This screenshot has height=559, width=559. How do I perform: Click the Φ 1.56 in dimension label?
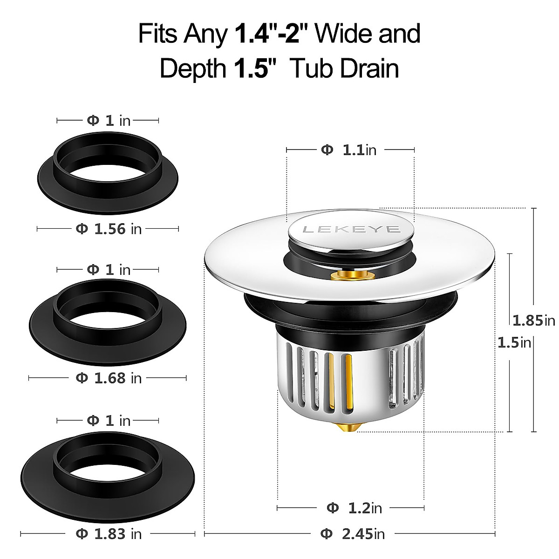pyautogui.click(x=109, y=229)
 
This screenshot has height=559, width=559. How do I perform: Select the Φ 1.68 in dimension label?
pyautogui.click(x=109, y=378)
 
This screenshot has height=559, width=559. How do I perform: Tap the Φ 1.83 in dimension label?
pyautogui.click(x=109, y=533)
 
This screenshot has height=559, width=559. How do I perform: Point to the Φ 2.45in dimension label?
pyautogui.click(x=353, y=533)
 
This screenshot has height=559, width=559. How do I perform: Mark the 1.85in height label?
pyautogui.click(x=533, y=320)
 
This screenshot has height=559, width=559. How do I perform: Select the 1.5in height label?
pyautogui.click(x=514, y=343)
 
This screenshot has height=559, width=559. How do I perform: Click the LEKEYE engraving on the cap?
pyautogui.click(x=351, y=229)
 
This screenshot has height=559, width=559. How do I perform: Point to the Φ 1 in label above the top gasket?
pyautogui.click(x=109, y=121)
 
